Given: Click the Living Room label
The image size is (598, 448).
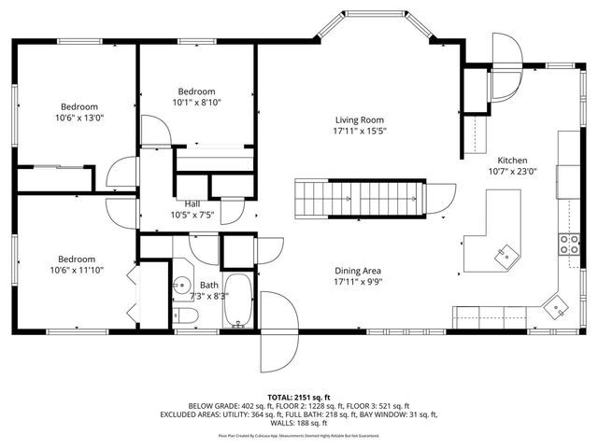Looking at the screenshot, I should [x=361, y=119].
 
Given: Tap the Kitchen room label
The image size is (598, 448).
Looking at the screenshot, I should [x=511, y=160].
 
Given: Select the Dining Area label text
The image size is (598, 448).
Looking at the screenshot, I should [x=360, y=271].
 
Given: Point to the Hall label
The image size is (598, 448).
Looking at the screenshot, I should [x=192, y=203].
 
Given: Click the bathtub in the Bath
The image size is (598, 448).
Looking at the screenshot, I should [x=240, y=301].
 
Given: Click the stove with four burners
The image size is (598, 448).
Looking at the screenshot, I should [x=567, y=245].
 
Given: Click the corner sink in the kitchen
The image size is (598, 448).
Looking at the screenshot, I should [x=558, y=306].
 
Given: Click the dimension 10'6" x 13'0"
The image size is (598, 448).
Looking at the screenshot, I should [x=80, y=118].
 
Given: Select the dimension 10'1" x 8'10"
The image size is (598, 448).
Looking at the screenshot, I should [x=196, y=103].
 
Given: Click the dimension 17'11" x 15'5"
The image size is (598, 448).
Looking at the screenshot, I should [x=361, y=132].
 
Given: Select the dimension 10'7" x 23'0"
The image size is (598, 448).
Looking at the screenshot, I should [x=511, y=172].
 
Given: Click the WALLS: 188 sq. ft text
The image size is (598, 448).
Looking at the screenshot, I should [x=299, y=422].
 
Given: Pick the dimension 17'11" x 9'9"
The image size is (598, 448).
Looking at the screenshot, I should [x=360, y=282].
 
